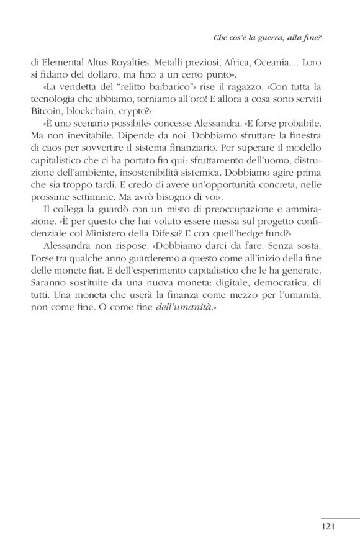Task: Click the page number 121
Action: tap(328, 527)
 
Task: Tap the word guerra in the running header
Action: tap(276, 38)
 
